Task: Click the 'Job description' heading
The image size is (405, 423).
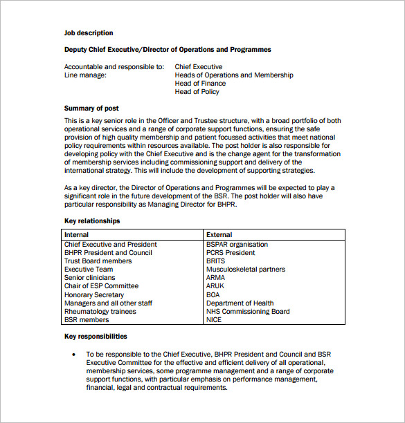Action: (x=89, y=33)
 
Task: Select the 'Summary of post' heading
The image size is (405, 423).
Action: (x=91, y=109)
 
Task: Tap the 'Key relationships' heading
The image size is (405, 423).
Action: (x=92, y=221)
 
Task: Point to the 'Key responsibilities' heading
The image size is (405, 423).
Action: (x=96, y=337)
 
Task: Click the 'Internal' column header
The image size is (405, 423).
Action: (x=77, y=235)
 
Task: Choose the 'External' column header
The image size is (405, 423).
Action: (x=219, y=235)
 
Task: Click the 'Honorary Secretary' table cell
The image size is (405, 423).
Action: (x=94, y=295)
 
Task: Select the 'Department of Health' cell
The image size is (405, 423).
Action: (x=240, y=303)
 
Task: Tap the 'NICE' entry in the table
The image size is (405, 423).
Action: (x=214, y=320)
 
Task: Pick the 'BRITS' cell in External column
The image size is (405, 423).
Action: (x=215, y=261)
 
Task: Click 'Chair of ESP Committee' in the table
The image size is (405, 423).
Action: (x=101, y=286)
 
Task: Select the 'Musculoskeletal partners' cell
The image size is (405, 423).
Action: (x=245, y=270)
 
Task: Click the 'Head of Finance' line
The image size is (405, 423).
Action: (x=200, y=84)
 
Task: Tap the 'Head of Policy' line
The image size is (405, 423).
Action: (x=197, y=92)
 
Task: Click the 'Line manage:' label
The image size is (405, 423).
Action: (x=85, y=75)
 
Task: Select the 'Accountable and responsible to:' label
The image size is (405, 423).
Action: (x=114, y=67)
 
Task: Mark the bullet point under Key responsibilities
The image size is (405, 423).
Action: (x=74, y=355)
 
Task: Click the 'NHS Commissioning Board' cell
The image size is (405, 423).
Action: (x=248, y=312)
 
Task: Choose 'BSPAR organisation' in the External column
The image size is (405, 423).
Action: (x=237, y=245)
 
